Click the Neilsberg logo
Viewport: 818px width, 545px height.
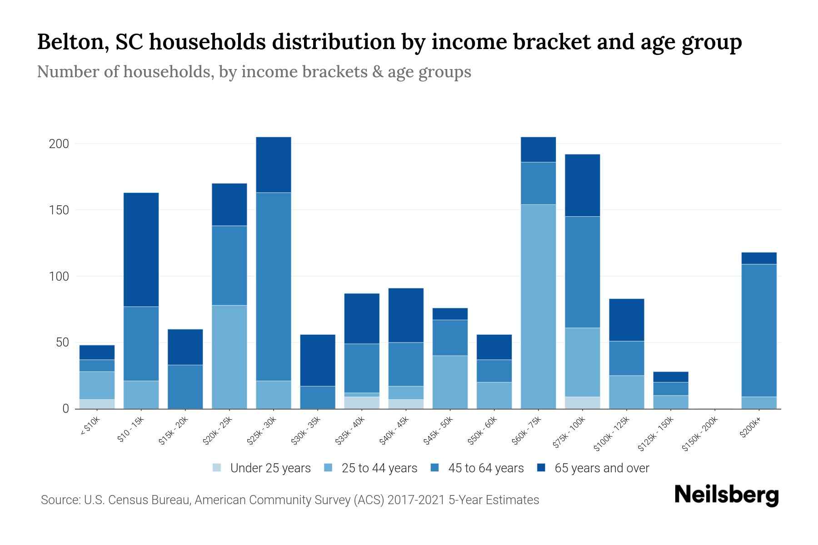pyautogui.click(x=726, y=495)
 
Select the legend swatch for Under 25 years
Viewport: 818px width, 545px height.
pyautogui.click(x=217, y=468)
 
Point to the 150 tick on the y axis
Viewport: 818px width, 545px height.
pyautogui.click(x=59, y=210)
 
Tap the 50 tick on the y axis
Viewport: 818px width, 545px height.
pyautogui.click(x=62, y=342)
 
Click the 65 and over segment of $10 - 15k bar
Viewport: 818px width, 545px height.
pyautogui.click(x=141, y=250)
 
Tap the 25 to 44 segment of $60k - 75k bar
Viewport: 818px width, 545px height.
pyautogui.click(x=538, y=307)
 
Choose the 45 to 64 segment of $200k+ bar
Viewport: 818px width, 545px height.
pyautogui.click(x=759, y=331)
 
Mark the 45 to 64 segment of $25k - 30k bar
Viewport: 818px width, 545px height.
pyautogui.click(x=274, y=287)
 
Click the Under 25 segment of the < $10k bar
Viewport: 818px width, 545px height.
pyautogui.click(x=97, y=404)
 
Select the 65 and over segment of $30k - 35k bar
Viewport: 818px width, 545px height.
pyautogui.click(x=318, y=360)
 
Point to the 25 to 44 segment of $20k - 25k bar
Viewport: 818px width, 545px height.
pyautogui.click(x=229, y=357)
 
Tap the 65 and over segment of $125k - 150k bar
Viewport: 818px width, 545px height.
pyautogui.click(x=671, y=377)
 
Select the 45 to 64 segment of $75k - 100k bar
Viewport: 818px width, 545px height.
pyautogui.click(x=582, y=272)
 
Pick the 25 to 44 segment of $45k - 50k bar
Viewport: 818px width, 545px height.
pyautogui.click(x=450, y=382)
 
